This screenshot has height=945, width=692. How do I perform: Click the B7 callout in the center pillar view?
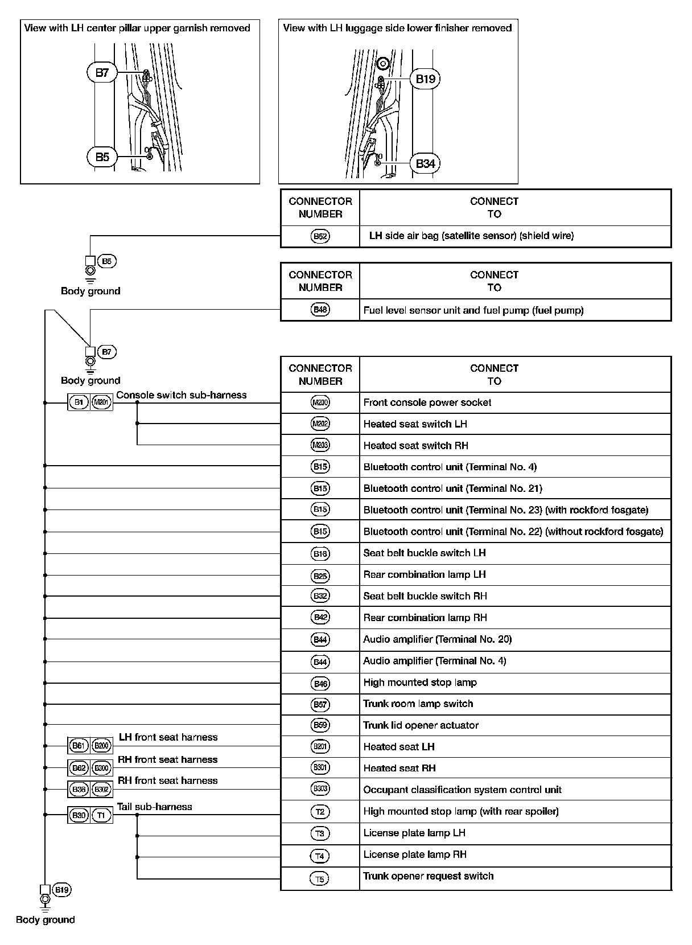(x=102, y=73)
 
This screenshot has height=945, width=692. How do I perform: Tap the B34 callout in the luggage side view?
(x=425, y=164)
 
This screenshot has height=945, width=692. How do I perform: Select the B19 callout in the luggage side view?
(x=425, y=79)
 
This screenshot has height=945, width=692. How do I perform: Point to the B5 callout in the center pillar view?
(x=102, y=157)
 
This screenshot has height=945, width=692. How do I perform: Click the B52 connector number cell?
(x=320, y=236)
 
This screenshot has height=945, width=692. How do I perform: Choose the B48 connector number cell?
(x=320, y=310)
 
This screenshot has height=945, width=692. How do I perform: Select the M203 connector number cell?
(x=320, y=446)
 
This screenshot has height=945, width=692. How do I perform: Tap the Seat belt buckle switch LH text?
(x=425, y=553)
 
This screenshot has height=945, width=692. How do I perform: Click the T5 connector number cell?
(x=320, y=879)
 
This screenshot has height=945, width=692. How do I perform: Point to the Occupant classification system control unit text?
(x=462, y=790)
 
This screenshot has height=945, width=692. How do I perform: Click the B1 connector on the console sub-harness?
(x=79, y=402)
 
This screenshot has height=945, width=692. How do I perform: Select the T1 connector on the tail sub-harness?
(x=101, y=815)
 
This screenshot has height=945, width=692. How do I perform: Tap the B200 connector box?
(x=101, y=745)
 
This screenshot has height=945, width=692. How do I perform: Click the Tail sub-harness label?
(x=155, y=807)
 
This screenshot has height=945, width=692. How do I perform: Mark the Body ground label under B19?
(x=46, y=919)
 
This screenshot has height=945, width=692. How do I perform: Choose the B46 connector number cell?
(x=320, y=683)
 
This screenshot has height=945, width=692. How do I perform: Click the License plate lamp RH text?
(x=415, y=854)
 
